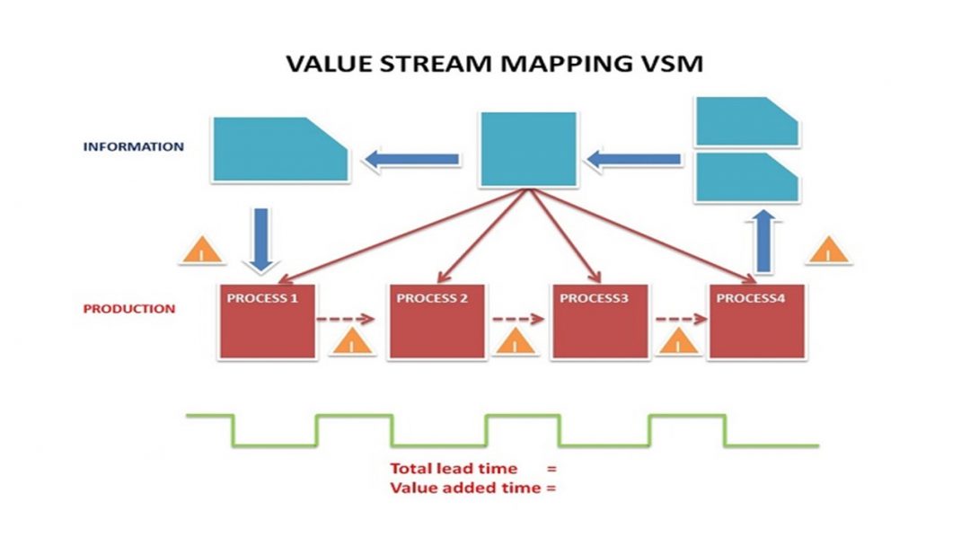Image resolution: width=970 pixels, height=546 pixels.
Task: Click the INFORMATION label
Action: (x=134, y=146)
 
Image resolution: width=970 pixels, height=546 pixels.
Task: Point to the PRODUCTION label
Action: (x=129, y=309)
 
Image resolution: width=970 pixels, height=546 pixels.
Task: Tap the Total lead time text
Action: (x=454, y=468)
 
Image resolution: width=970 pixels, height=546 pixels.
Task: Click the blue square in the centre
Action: (x=528, y=149)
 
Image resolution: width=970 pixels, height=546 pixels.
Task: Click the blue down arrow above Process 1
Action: (x=261, y=239)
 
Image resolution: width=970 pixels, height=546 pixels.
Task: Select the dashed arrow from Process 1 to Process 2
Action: (x=349, y=318)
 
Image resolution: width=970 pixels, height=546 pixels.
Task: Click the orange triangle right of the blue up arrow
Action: (x=829, y=251)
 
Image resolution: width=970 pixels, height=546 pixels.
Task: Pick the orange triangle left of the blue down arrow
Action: (x=202, y=251)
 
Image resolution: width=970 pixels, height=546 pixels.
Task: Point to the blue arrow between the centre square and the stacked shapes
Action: (x=633, y=160)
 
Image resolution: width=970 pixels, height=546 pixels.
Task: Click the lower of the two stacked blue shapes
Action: (x=745, y=176)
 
